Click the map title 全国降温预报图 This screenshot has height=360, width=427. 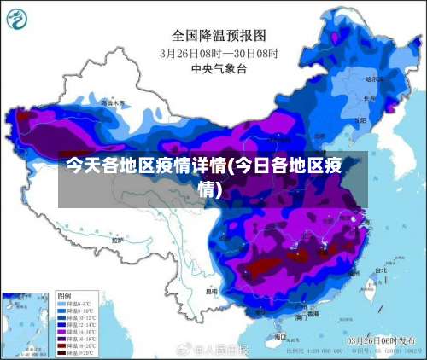[x=219, y=35]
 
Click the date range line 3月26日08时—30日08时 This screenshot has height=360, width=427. [x=219, y=52]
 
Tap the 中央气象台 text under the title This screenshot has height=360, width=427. [x=219, y=67]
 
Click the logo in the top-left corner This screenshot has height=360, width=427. [x=16, y=17]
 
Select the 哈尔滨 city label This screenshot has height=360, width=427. [x=373, y=78]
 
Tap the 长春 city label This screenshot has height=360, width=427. [x=369, y=98]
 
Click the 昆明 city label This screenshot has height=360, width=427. [x=211, y=291]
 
